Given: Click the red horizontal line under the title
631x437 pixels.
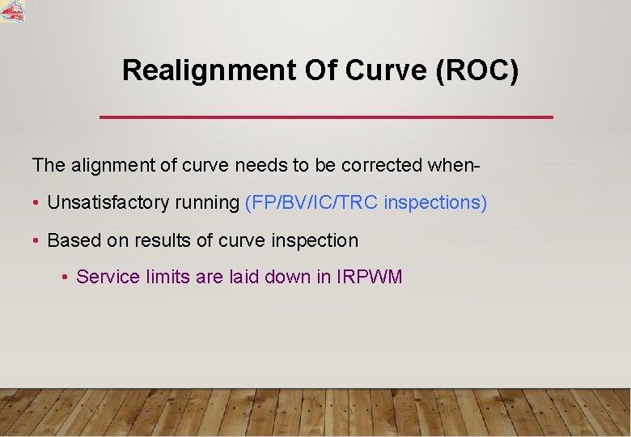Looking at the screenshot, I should (x=326, y=117).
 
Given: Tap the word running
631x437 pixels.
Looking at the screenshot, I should (x=207, y=203).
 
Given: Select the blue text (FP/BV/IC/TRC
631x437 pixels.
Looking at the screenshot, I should (x=311, y=202).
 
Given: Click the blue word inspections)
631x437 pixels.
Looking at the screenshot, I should (x=436, y=203).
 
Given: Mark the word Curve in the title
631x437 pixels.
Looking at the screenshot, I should (x=387, y=71).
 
